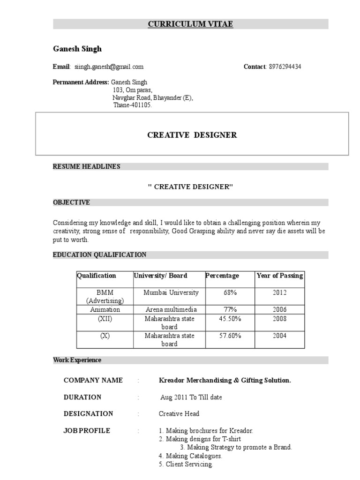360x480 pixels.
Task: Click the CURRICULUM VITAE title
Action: (x=190, y=24)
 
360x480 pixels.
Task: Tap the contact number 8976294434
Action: (x=285, y=67)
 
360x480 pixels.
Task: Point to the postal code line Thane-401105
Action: (x=133, y=105)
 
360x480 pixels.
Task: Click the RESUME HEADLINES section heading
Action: (x=87, y=166)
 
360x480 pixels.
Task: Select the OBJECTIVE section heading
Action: (x=71, y=202)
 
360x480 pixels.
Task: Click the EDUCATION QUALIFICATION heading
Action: (x=99, y=255)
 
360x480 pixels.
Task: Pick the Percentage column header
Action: (x=222, y=276)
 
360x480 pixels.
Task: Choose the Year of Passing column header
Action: (x=280, y=276)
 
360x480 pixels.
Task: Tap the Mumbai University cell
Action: (x=171, y=292)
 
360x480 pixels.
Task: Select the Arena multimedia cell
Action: (x=171, y=310)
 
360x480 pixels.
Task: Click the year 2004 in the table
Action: (x=279, y=336)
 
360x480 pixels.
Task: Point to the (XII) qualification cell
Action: (x=105, y=319)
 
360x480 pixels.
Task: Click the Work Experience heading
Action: (x=77, y=360)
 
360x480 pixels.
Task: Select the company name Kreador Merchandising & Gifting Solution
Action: (x=225, y=380)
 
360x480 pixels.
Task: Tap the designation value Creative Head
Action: (x=179, y=413)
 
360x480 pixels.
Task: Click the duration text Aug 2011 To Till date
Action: (x=191, y=397)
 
